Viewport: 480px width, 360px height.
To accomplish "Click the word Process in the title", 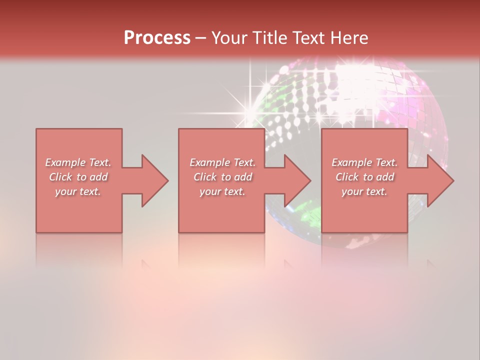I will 157,38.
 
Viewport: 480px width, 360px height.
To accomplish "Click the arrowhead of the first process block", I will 155,180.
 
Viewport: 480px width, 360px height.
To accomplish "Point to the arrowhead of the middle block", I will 297,180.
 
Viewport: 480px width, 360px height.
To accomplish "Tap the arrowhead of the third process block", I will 440,180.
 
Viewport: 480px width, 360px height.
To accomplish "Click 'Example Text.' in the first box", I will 78,162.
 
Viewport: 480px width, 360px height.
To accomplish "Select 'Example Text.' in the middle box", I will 222,162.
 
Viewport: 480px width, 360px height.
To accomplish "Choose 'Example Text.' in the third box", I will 364,162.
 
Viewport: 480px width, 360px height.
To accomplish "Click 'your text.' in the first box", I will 78,191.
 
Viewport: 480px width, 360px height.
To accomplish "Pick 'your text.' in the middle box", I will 222,191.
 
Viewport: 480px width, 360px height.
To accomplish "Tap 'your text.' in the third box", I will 364,191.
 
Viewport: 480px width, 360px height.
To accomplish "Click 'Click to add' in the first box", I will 78,177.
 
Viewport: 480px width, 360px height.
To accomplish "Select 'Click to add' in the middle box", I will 222,177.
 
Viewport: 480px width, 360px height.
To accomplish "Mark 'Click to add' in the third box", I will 364,177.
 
